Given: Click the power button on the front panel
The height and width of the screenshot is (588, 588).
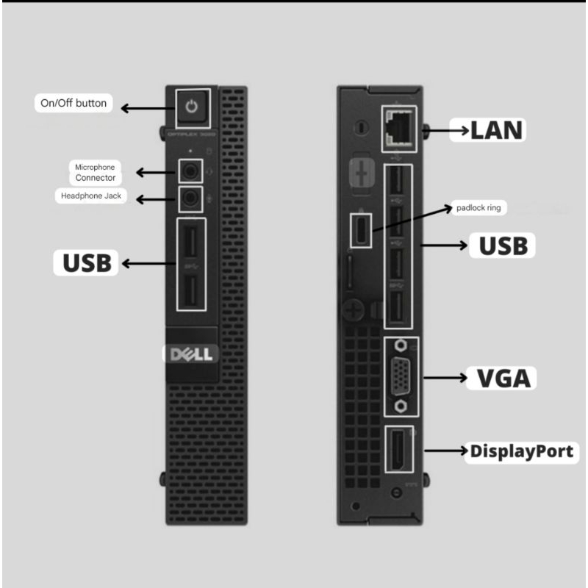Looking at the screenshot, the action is tap(192, 107).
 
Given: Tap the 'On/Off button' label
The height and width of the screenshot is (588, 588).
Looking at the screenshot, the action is tap(73, 103).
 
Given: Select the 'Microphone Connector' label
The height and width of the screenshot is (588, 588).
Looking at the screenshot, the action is tap(96, 173).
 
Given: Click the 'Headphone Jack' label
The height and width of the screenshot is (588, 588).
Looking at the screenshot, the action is tap(91, 196).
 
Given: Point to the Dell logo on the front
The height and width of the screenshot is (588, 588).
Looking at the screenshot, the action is tap(191, 354).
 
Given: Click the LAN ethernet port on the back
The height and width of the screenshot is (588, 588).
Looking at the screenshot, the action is tap(398, 129).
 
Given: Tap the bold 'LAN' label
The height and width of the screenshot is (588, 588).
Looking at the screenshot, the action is tap(495, 131).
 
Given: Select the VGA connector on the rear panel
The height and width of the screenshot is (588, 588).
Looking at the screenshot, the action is tap(401, 376).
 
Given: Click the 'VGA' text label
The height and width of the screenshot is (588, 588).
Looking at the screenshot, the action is tap(503, 378).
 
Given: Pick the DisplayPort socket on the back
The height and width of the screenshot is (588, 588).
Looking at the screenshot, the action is tap(398, 449).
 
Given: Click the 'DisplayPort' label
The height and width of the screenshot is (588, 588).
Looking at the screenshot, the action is tap(522, 451).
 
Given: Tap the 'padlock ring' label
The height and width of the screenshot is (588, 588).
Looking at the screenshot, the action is tap(478, 208).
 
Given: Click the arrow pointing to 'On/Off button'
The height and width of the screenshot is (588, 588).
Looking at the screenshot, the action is tap(148, 108).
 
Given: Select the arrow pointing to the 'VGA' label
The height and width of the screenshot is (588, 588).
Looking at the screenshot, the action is tap(445, 378).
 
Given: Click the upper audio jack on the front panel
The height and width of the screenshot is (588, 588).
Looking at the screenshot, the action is tap(190, 172).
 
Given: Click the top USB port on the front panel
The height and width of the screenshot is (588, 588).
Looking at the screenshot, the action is tap(191, 243).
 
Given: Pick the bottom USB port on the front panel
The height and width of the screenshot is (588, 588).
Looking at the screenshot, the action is tap(191, 290).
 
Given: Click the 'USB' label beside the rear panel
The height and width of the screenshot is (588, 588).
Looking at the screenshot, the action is tap(503, 246).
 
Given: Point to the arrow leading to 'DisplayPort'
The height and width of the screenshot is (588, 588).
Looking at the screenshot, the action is tap(447, 451).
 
